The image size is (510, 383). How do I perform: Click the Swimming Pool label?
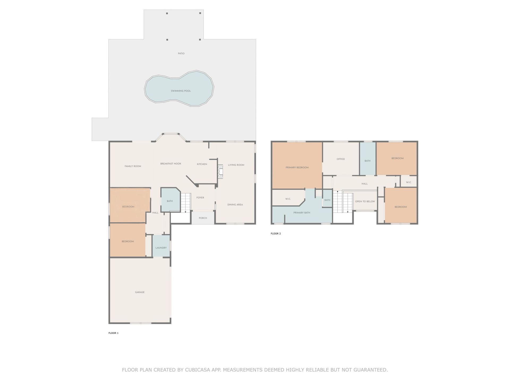pyautogui.click(x=181, y=91)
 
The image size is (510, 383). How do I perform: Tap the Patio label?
pyautogui.click(x=181, y=53)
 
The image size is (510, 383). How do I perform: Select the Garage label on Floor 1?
pyautogui.click(x=140, y=292)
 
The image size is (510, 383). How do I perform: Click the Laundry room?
pyautogui.click(x=161, y=248)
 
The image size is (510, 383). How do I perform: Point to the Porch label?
pyautogui.click(x=203, y=218)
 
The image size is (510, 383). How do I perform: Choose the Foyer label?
pyautogui.click(x=200, y=198)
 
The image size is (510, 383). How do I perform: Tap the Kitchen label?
pyautogui.click(x=202, y=164)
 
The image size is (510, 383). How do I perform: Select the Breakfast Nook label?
pyautogui.click(x=171, y=164)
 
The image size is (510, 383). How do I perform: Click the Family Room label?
pyautogui.click(x=133, y=166)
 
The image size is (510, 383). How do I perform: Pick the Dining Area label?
pyautogui.click(x=235, y=205)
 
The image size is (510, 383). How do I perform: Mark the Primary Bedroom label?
pyautogui.click(x=297, y=168)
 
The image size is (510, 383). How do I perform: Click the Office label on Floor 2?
pyautogui.click(x=341, y=159)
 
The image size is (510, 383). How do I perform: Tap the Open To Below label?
pyautogui.click(x=365, y=201)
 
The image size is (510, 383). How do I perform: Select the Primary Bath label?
pyautogui.click(x=302, y=213)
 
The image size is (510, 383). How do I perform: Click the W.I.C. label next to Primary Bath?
pyautogui.click(x=288, y=199)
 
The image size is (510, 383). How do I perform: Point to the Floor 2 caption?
pyautogui.click(x=276, y=234)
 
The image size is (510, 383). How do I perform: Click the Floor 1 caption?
pyautogui.click(x=113, y=333)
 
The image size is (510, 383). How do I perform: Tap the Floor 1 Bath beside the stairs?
pyautogui.click(x=170, y=201)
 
